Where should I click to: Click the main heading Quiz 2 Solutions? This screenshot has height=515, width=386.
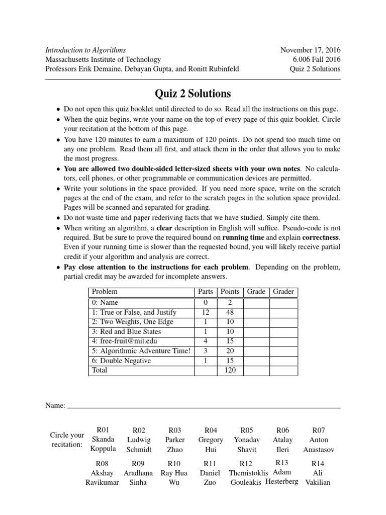193,94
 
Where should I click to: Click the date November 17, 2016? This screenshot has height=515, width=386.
310,50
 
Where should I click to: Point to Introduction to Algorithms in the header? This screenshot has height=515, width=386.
85,50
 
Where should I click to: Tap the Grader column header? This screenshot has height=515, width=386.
283,292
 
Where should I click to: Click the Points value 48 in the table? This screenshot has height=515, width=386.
230,312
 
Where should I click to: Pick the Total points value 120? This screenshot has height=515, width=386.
230,370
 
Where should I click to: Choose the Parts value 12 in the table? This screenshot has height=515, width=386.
205,312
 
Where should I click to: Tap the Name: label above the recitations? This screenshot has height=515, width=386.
55,405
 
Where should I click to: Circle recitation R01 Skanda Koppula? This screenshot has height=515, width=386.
103,440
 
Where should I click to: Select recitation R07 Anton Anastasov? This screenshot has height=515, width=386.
319,440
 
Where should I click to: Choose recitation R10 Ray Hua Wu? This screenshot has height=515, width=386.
174,473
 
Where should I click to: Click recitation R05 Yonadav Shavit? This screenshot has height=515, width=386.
246,440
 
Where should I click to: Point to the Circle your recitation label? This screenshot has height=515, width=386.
67,440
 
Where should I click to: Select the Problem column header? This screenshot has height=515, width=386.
105,292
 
